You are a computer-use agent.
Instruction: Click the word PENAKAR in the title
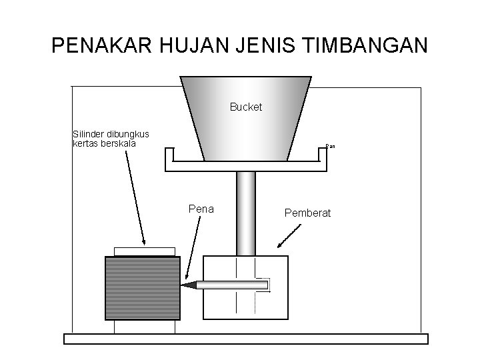pyautogui.click(x=102, y=46)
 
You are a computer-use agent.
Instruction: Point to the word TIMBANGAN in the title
pyautogui.click(x=365, y=46)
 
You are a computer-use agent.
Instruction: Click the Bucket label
pyautogui.click(x=246, y=107)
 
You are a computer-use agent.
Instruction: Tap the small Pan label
pyautogui.click(x=329, y=145)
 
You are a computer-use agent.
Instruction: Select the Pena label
pyautogui.click(x=201, y=209)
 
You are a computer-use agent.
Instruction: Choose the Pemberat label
pyautogui.click(x=307, y=213)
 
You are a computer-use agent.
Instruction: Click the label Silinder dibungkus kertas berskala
pyautogui.click(x=111, y=139)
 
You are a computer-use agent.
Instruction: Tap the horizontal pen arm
pyautogui.click(x=230, y=285)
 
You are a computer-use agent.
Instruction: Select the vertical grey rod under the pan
pyautogui.click(x=246, y=213)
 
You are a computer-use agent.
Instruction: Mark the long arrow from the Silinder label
pyautogui.click(x=135, y=197)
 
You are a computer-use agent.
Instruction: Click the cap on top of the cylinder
pyautogui.click(x=145, y=251)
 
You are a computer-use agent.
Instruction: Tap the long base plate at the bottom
pyautogui.click(x=245, y=339)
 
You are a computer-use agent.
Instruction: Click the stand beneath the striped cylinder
pyautogui.click(x=145, y=327)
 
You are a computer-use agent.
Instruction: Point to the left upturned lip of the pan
pyautogui.click(x=169, y=155)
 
